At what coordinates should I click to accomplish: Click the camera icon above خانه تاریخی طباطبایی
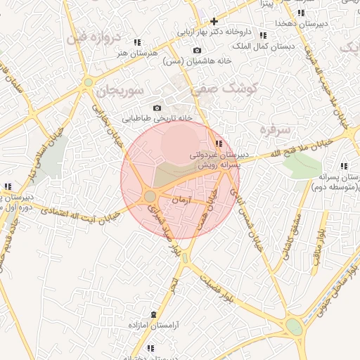pos(157,108)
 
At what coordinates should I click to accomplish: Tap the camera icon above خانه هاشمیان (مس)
pos(196,51)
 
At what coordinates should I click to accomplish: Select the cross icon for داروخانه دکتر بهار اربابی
pos(214,22)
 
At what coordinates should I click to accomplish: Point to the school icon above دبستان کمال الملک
pos(262,35)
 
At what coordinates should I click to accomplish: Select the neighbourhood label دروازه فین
pos(94,37)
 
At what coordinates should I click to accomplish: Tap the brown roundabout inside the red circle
pos(150,196)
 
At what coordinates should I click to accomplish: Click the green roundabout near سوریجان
pos(88,82)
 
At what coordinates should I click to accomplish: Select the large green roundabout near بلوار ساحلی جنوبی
pos(294,327)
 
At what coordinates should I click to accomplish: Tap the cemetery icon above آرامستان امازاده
pos(154,314)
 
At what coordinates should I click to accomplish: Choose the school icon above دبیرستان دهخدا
pos(301,13)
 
